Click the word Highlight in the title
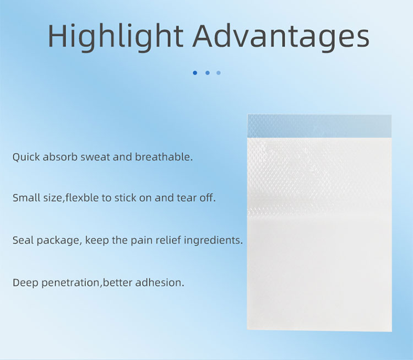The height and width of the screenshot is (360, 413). point(114,36)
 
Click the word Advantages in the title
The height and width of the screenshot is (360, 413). point(282,36)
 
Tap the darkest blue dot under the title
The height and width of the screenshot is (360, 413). point(195,73)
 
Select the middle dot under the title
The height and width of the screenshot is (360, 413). point(207,73)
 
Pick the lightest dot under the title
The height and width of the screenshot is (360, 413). point(219,73)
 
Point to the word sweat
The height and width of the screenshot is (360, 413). point(96,157)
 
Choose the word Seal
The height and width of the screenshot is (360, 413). point(23,240)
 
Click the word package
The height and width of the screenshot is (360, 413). point(58,241)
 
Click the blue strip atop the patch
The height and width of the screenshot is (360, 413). point(319,126)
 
